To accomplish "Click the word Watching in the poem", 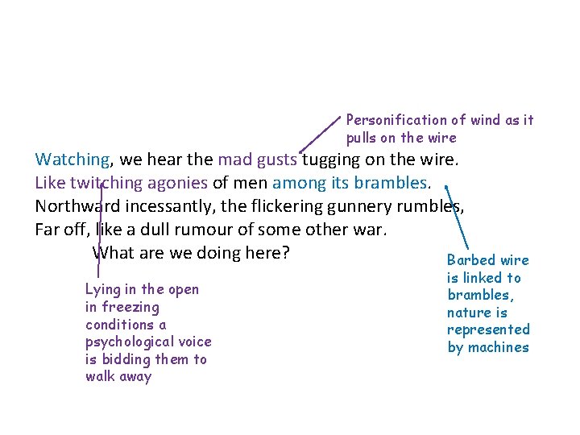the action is point(72,159).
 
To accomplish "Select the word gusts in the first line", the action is point(276,159).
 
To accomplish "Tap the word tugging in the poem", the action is point(329,159).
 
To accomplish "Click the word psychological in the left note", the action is point(125,342).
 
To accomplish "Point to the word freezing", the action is point(131,307).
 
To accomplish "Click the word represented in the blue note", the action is point(488,329).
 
